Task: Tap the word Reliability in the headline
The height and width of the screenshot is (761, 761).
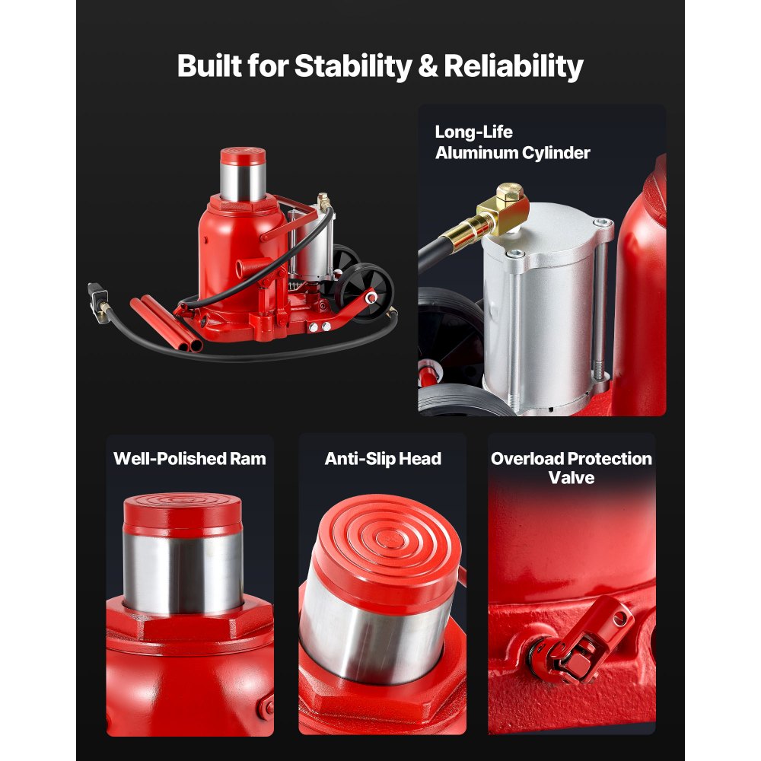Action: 514,66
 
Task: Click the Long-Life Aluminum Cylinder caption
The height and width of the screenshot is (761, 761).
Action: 512,142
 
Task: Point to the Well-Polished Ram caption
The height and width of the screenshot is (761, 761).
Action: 189,459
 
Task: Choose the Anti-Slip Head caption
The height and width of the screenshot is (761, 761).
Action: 383,459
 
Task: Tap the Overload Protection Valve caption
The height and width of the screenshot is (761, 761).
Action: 571,468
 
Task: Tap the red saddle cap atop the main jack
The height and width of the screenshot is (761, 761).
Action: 242,157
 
